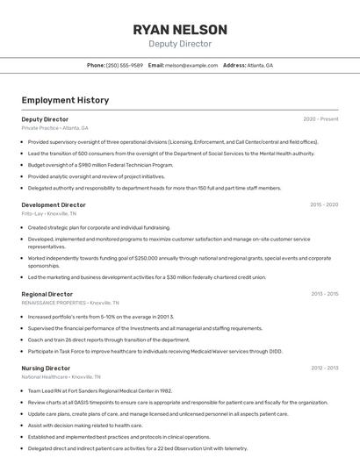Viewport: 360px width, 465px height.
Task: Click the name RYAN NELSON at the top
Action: [180, 29]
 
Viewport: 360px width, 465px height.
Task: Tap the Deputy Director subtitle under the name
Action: [180, 43]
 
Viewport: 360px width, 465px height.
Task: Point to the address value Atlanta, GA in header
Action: [260, 65]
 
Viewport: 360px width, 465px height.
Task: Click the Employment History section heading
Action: [65, 100]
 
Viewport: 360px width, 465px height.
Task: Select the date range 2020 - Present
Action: [320, 118]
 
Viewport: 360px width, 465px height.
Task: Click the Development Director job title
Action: [54, 204]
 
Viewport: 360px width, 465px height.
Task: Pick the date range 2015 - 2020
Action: [324, 204]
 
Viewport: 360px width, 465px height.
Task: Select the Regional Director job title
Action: [47, 294]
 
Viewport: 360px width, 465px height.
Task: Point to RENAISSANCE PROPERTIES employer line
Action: [70, 303]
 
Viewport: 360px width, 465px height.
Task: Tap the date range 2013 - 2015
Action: [324, 294]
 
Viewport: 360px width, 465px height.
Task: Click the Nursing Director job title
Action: [46, 368]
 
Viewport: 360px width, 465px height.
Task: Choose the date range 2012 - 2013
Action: [324, 368]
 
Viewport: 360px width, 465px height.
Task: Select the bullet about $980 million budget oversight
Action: [100, 164]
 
